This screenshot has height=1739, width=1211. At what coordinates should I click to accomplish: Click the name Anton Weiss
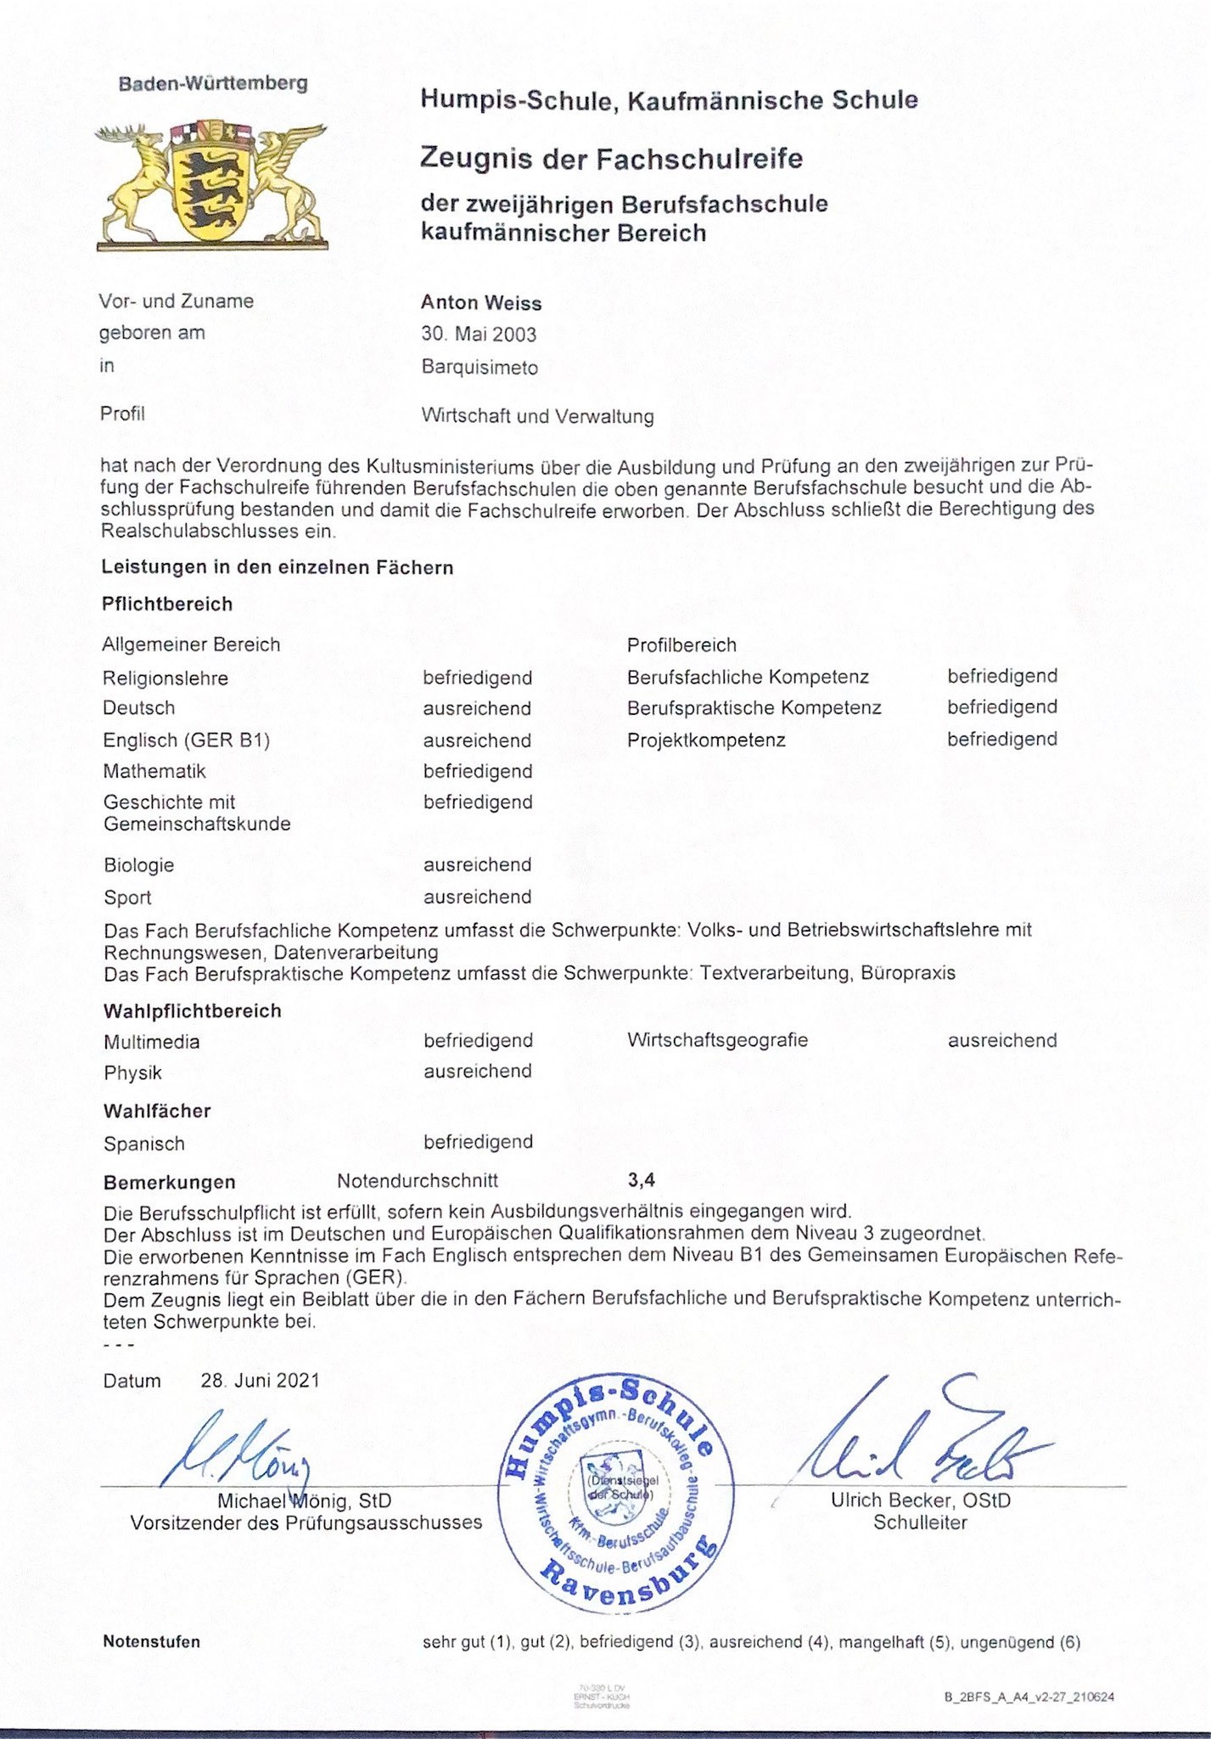[x=480, y=303]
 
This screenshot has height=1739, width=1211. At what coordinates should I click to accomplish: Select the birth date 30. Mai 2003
[x=479, y=335]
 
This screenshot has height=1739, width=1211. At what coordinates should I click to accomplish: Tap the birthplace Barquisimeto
[x=479, y=368]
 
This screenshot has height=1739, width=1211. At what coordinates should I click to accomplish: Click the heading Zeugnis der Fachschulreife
[x=611, y=158]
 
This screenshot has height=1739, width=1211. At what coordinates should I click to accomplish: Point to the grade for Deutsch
[x=477, y=708]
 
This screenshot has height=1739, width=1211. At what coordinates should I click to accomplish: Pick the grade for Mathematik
[x=478, y=771]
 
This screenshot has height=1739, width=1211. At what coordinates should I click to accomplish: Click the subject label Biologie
[x=138, y=865]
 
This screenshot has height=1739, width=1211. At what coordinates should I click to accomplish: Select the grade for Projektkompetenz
[x=1001, y=739]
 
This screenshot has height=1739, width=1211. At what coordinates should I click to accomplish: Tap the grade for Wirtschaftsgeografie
[x=1001, y=1040]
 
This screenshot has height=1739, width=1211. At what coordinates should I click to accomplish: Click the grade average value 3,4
[x=641, y=1179]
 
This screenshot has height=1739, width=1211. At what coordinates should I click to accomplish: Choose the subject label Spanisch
[x=143, y=1144]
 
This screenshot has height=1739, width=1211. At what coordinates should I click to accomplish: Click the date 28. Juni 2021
[x=260, y=1380]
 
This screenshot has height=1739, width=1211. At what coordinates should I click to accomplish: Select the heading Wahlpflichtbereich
[x=192, y=1010]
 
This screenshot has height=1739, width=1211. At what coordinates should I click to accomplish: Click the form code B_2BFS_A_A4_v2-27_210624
[x=1029, y=1697]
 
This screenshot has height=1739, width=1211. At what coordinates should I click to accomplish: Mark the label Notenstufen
[x=151, y=1641]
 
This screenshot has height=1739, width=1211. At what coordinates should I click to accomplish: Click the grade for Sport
[x=477, y=897]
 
